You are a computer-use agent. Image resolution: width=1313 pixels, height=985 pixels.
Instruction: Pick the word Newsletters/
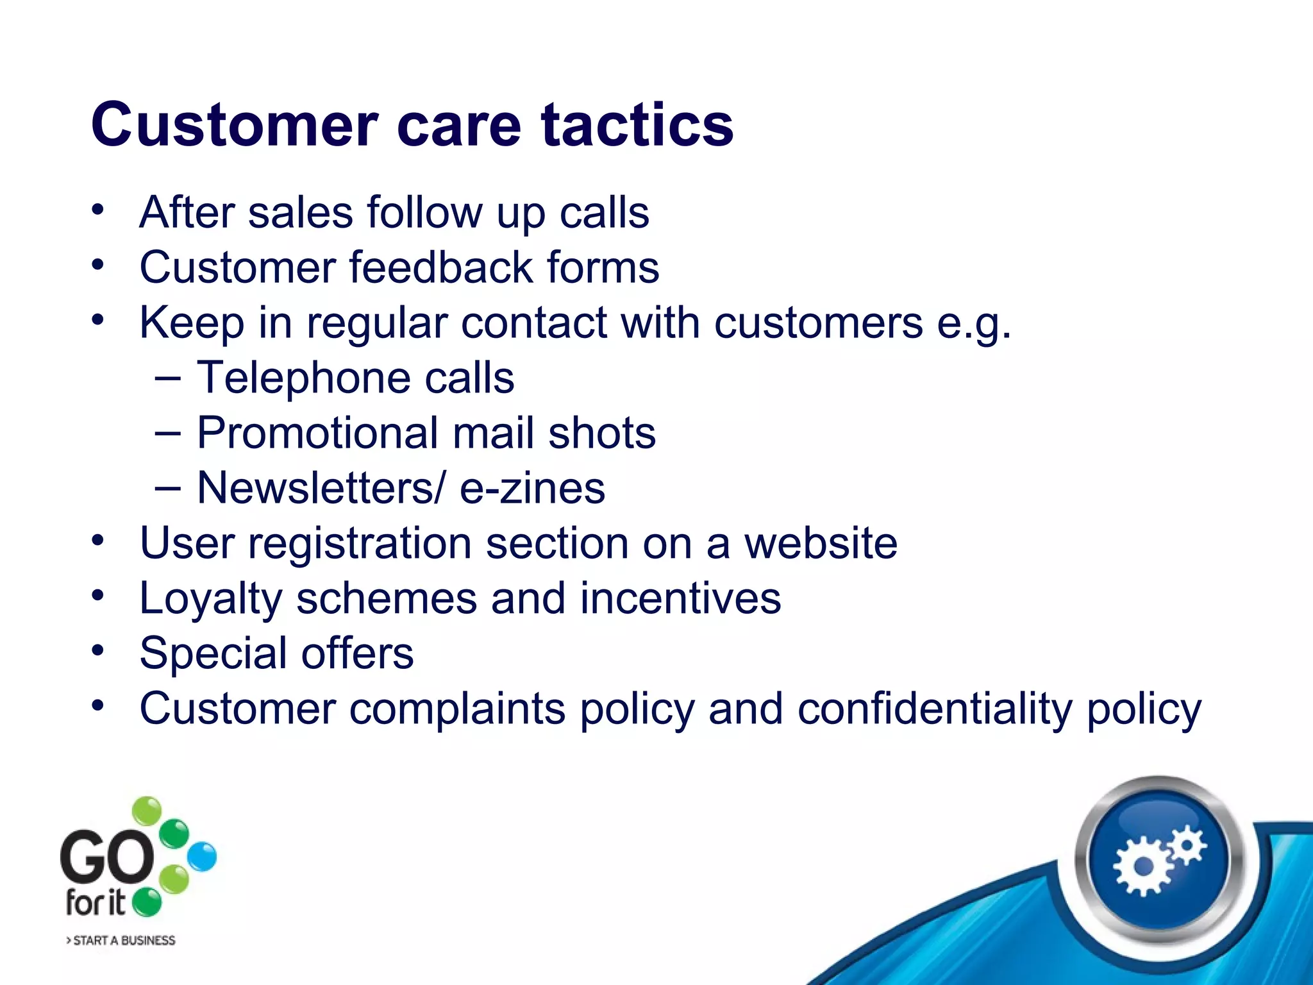pos(320,488)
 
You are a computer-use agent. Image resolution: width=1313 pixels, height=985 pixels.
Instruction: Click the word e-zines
pos(532,488)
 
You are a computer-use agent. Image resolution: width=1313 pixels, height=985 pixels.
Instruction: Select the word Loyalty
pos(210,600)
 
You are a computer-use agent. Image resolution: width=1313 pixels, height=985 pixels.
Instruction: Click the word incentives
pos(680,598)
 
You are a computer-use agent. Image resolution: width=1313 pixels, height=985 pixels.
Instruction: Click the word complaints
pos(457,710)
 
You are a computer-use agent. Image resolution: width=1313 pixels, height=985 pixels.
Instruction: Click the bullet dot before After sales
pos(97,210)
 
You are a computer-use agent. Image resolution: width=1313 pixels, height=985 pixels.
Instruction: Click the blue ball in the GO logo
pos(203,857)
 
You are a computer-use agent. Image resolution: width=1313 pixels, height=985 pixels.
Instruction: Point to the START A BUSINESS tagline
pos(121,940)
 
